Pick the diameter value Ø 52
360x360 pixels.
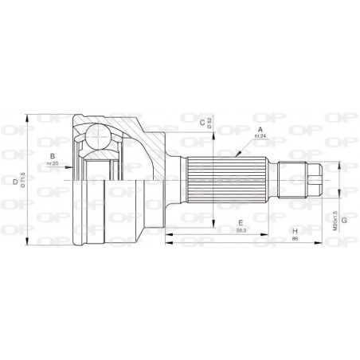tap(210, 122)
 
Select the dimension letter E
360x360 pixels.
tap(238, 222)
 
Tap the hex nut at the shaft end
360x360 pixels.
tap(313, 180)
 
